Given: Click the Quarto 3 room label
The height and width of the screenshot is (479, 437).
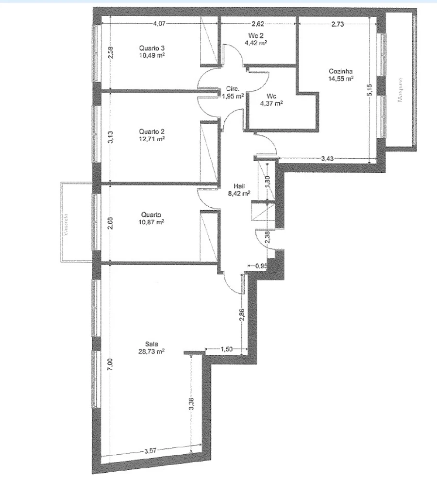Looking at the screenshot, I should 151,48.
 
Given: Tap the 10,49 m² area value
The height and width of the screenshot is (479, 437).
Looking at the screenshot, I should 151,55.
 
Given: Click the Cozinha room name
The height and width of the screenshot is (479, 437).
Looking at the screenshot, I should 340,71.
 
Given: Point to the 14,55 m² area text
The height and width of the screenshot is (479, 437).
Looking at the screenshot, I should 340,78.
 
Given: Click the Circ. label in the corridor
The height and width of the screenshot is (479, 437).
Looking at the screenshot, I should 232,89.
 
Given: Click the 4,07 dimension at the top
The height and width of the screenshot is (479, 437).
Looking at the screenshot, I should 160,23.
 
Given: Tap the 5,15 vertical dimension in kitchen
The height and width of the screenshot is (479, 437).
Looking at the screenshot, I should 370,90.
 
